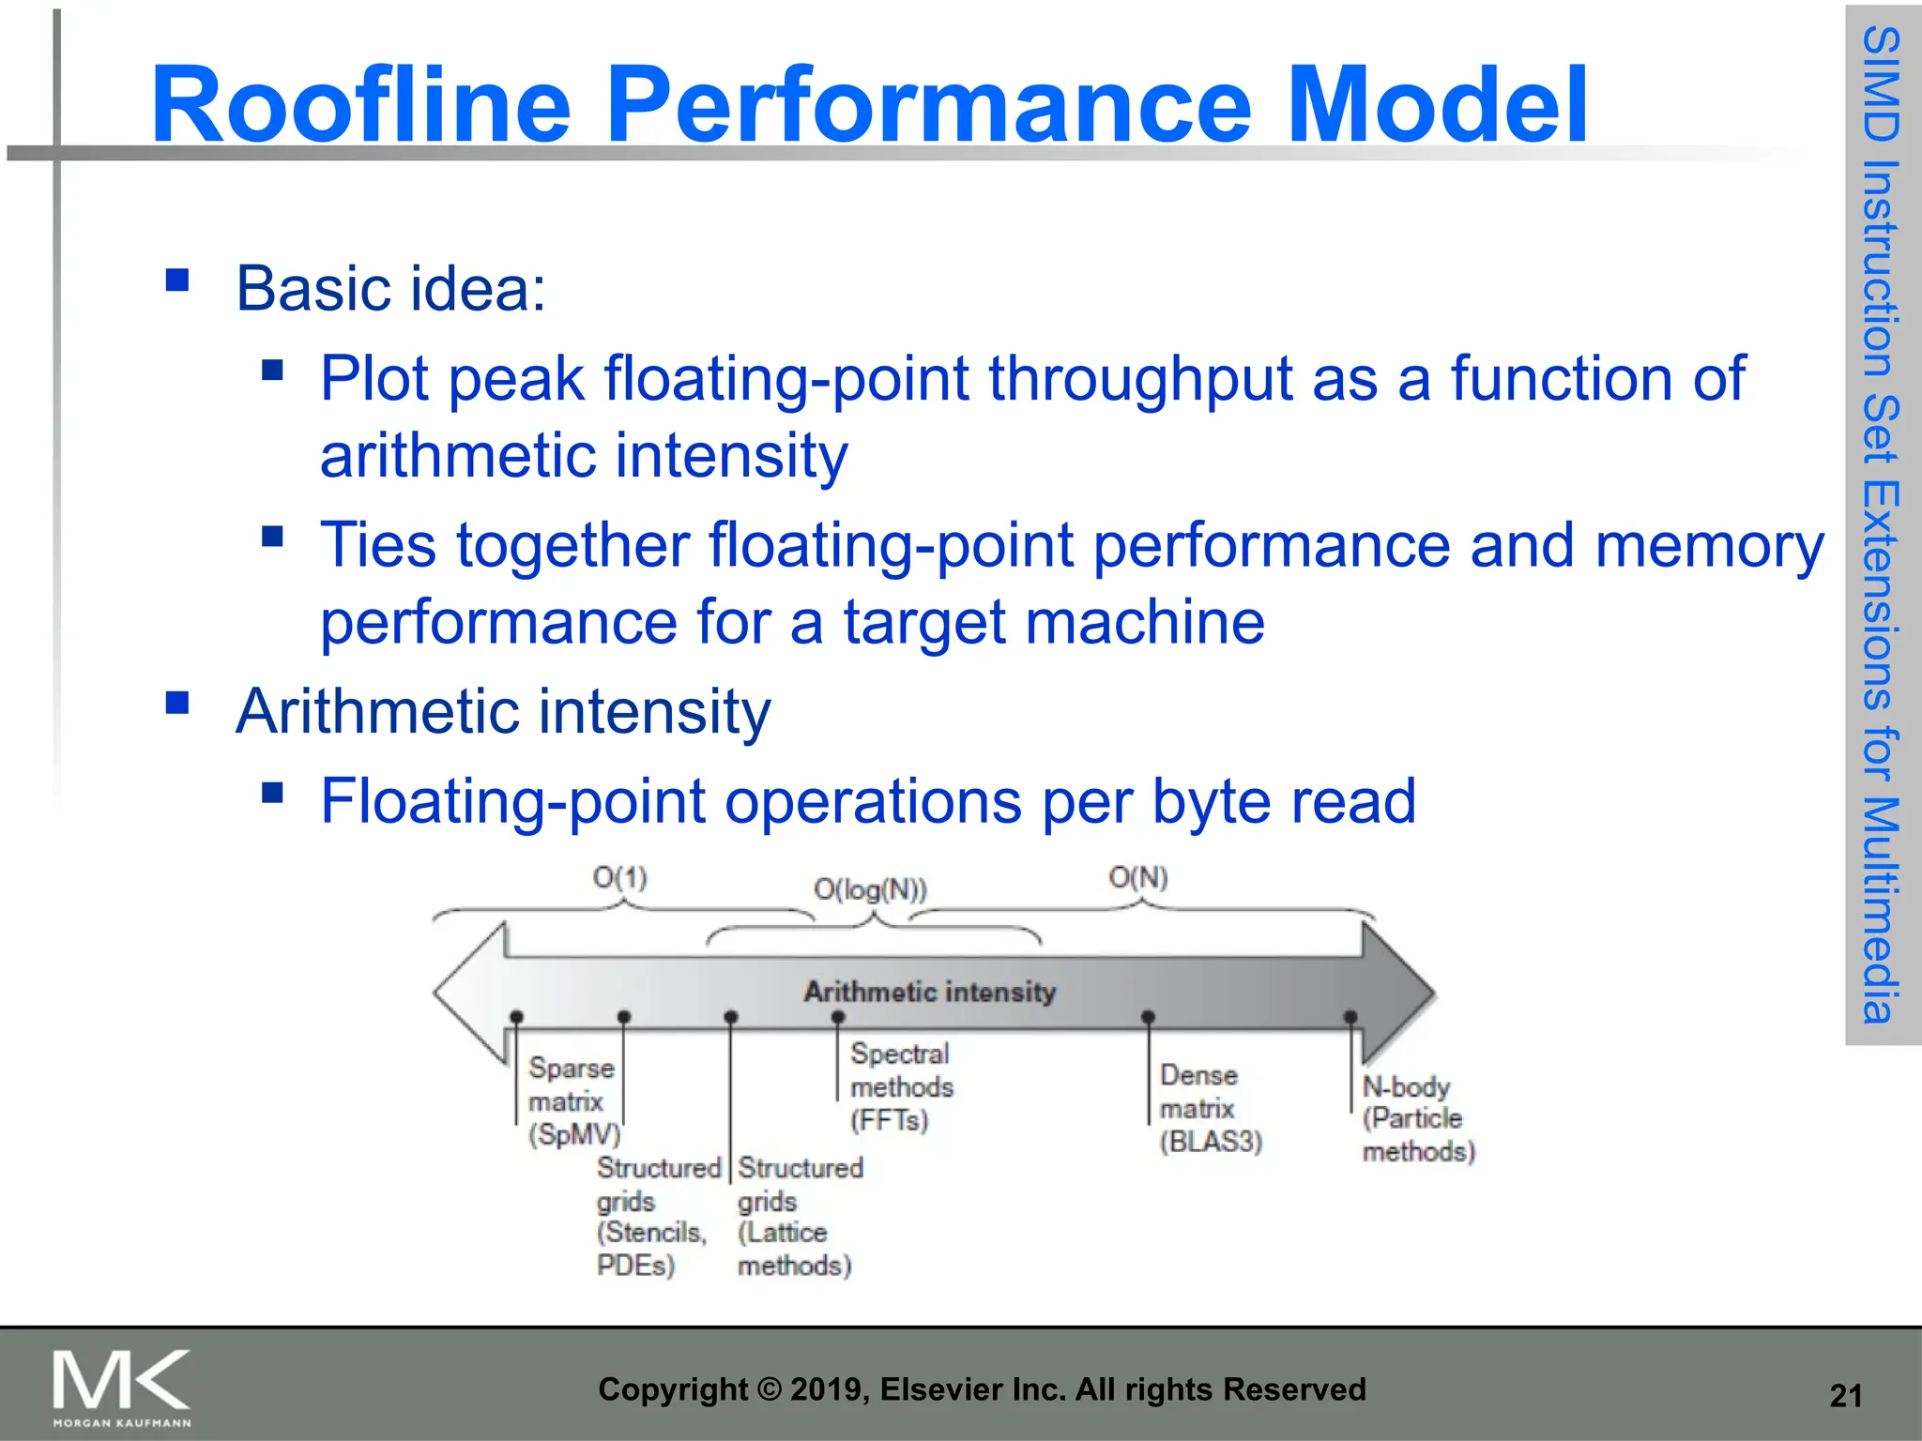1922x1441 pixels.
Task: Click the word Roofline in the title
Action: pyautogui.click(x=360, y=104)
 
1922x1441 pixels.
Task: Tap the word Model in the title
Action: pyautogui.click(x=1436, y=104)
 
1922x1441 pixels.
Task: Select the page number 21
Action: pyautogui.click(x=1845, y=1396)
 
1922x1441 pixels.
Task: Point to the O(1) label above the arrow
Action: pyautogui.click(x=619, y=878)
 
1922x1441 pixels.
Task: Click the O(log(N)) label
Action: pyautogui.click(x=870, y=888)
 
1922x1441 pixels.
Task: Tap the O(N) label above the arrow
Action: pyautogui.click(x=1137, y=878)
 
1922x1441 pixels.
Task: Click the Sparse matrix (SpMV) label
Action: pyautogui.click(x=572, y=1101)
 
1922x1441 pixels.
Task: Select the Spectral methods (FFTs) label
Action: pyautogui.click(x=901, y=1086)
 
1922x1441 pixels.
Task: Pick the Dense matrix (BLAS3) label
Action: pyautogui.click(x=1210, y=1108)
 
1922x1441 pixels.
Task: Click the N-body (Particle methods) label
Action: pyautogui.click(x=1417, y=1119)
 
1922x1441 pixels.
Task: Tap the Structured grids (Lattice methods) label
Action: pyautogui.click(x=798, y=1217)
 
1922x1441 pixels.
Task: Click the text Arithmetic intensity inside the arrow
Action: pyautogui.click(x=929, y=992)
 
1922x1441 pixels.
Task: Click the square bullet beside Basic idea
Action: pyautogui.click(x=177, y=281)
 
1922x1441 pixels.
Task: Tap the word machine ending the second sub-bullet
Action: pyautogui.click(x=1147, y=622)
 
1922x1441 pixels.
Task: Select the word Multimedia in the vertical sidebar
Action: pyautogui.click(x=1881, y=910)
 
